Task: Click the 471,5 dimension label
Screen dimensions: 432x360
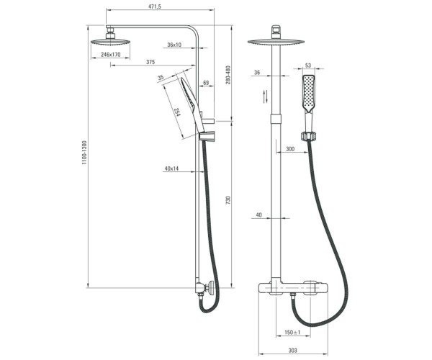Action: [x=155, y=6]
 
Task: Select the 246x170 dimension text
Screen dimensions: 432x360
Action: [x=110, y=55]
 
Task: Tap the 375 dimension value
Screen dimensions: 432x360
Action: [x=150, y=62]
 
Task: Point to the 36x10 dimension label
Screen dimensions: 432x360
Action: [x=174, y=45]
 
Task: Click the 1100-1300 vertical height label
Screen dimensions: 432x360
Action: [x=84, y=153]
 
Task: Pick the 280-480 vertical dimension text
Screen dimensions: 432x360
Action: [x=228, y=75]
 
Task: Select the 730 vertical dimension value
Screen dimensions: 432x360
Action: [x=228, y=200]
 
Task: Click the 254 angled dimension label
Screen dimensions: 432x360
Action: [x=176, y=112]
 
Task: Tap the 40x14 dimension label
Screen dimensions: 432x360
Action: [x=171, y=168]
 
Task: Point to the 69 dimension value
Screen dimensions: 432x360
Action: [x=206, y=83]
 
